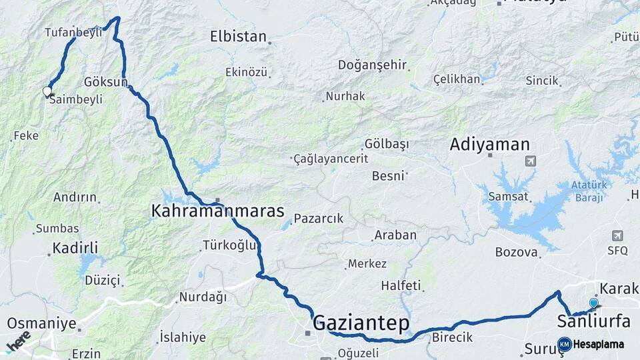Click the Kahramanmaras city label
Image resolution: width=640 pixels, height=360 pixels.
coord(218,211)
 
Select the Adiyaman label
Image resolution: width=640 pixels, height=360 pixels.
coord(489,144)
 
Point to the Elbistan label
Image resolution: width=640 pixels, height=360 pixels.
coord(238,37)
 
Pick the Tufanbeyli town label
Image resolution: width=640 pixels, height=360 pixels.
coord(73,31)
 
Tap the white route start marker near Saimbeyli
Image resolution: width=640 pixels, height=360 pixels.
coord(47,91)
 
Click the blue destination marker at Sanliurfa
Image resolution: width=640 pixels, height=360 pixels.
coord(593,303)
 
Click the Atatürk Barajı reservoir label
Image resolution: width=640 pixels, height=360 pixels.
coord(587,190)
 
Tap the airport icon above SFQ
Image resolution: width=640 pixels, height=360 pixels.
coord(617,236)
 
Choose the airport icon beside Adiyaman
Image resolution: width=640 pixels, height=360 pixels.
coord(531,161)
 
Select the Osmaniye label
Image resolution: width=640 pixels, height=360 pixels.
coord(41,323)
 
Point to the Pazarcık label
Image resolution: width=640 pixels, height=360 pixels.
coord(318,218)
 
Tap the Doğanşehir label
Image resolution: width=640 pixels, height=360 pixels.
coord(372,65)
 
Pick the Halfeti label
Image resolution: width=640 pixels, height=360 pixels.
coord(401,285)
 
